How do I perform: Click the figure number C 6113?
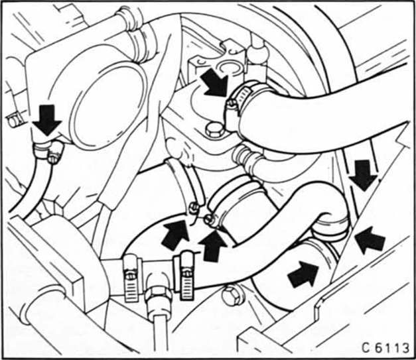point(385,347)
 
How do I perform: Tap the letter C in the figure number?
point(366,347)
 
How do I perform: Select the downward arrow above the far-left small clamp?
point(47,120)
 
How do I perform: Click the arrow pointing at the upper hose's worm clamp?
point(214,82)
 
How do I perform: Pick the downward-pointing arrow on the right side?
point(364,175)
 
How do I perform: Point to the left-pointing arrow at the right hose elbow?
point(370,239)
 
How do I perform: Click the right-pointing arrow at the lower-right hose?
point(303,274)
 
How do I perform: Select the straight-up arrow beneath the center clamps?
point(212,247)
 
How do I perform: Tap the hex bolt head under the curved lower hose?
point(230,295)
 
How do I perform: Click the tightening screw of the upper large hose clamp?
point(232,104)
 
